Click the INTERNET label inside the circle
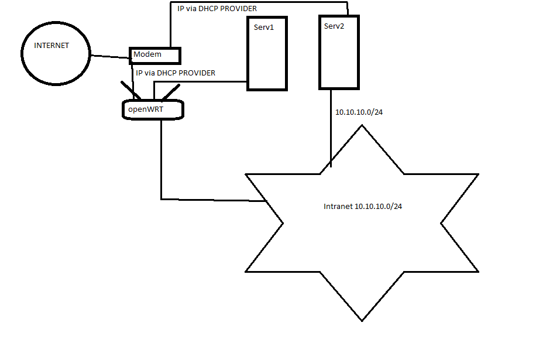[51, 45]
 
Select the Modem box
[155, 55]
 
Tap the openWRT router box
[153, 109]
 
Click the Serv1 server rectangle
[267, 59]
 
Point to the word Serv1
[264, 28]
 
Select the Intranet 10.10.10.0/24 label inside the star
[363, 207]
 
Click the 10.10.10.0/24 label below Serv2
[359, 112]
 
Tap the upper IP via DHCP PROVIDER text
[217, 9]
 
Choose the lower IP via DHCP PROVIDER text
[176, 73]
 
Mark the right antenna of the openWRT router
[171, 92]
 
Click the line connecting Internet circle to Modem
[109, 57]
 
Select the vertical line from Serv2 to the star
[331, 129]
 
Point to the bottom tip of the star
[362, 320]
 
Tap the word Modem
[147, 54]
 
